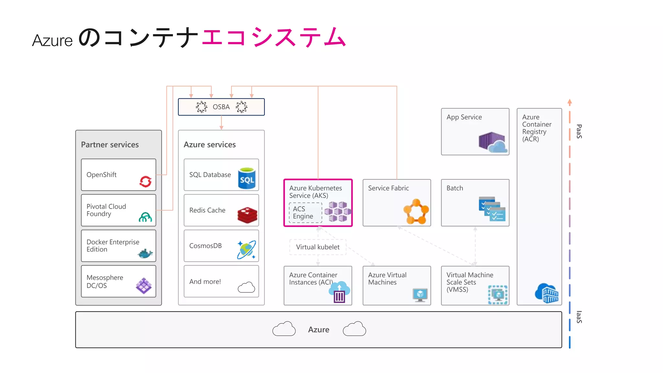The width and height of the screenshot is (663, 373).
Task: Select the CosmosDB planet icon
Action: [x=246, y=250]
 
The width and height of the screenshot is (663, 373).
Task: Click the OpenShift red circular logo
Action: [x=145, y=181]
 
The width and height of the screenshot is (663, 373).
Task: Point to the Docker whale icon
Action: [x=145, y=254]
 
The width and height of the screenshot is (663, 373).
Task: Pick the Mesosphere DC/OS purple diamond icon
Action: [x=144, y=286]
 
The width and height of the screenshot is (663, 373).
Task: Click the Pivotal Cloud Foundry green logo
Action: [x=145, y=217]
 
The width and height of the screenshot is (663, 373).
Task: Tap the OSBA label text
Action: [x=221, y=107]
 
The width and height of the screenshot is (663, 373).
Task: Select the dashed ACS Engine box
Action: [x=305, y=212]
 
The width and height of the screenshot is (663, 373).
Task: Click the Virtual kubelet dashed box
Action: [x=318, y=247]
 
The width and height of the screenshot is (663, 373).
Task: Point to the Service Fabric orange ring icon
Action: [x=416, y=211]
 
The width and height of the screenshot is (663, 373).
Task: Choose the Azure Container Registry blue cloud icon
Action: [x=547, y=293]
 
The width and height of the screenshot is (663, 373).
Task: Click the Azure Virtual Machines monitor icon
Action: [x=420, y=295]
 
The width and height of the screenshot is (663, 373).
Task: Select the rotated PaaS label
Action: [x=579, y=131]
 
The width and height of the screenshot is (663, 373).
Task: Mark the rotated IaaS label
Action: [x=579, y=317]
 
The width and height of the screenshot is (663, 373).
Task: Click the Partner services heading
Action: [x=110, y=145]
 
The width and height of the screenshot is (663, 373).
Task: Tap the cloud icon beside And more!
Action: [x=246, y=287]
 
